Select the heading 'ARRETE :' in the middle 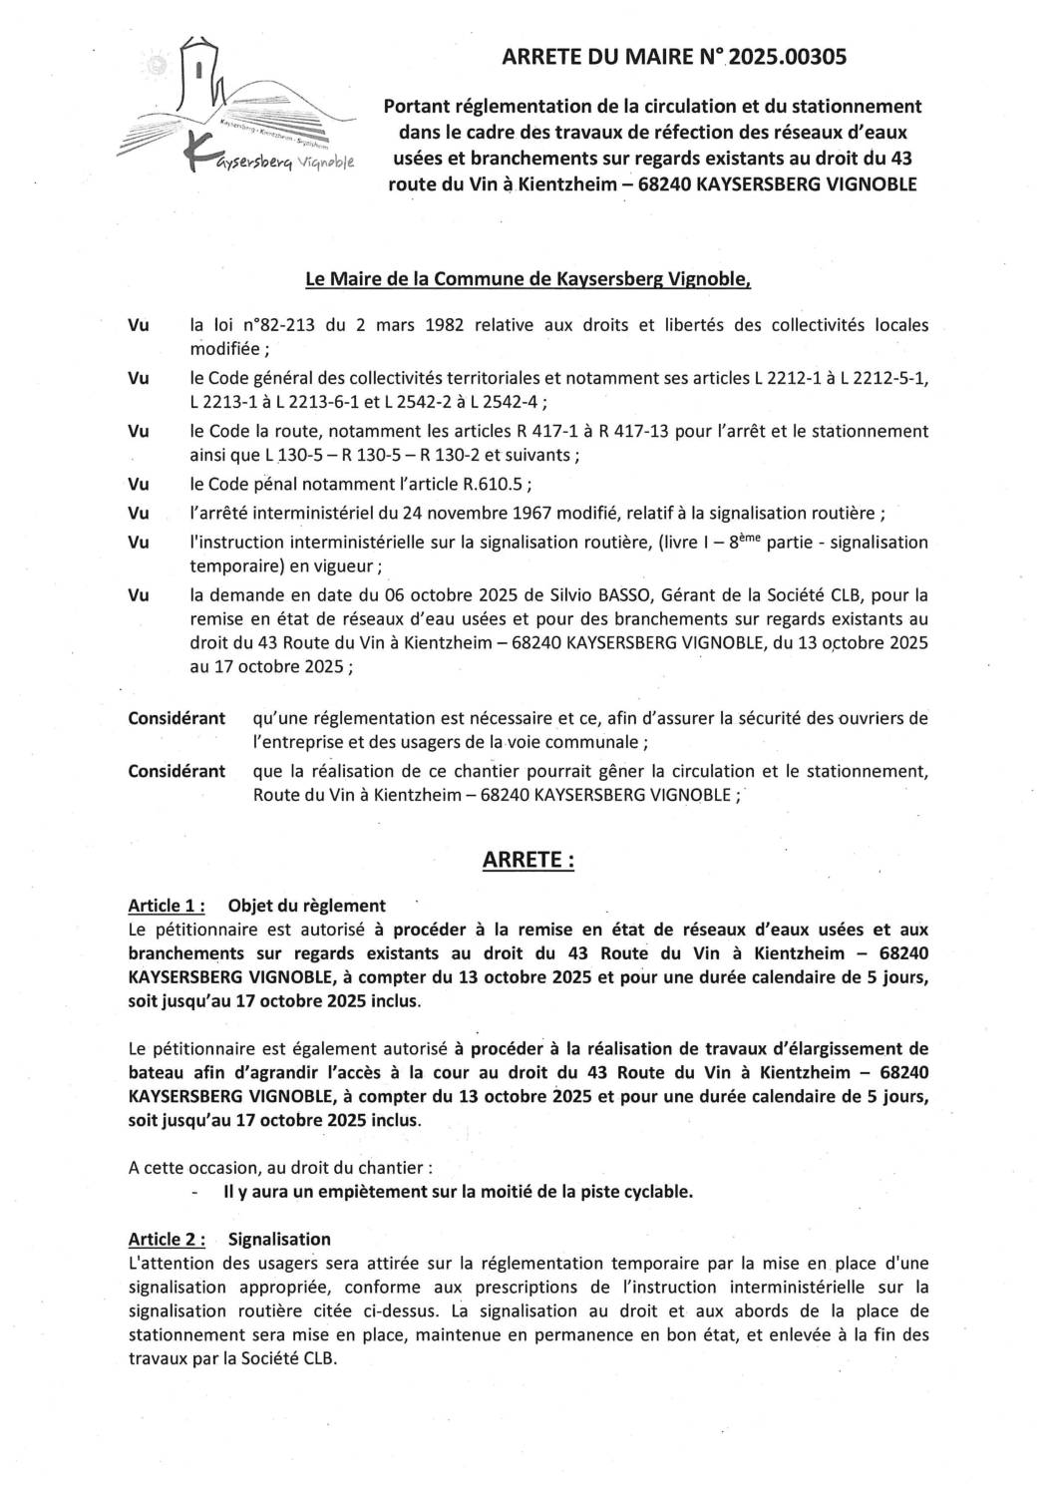[527, 860]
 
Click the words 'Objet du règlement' [306, 906]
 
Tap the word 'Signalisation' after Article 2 [279, 1239]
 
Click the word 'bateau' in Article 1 [155, 1073]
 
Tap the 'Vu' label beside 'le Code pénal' [139, 486]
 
